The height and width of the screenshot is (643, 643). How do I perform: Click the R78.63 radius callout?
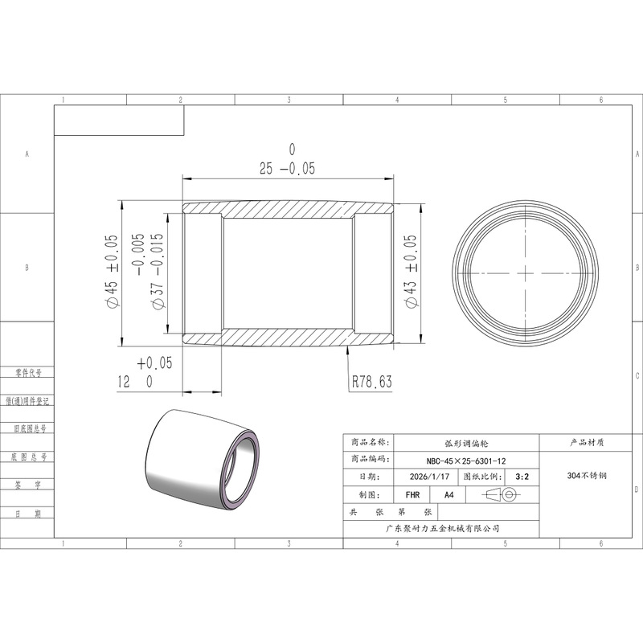coord(372,382)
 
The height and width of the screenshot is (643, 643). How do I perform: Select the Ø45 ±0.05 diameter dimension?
coord(112,271)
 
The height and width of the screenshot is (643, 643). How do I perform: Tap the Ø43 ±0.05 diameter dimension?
coord(411,271)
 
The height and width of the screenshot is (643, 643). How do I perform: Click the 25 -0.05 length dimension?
coord(287,168)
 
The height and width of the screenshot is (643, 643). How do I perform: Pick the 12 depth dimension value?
coord(124,382)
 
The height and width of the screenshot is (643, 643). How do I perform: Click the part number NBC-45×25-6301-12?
coord(466,461)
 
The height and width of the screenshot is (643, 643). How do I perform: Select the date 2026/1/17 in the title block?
coord(429,477)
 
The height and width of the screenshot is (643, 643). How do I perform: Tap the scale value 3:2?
coord(522,477)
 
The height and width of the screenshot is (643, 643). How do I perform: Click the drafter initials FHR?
coord(412,495)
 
